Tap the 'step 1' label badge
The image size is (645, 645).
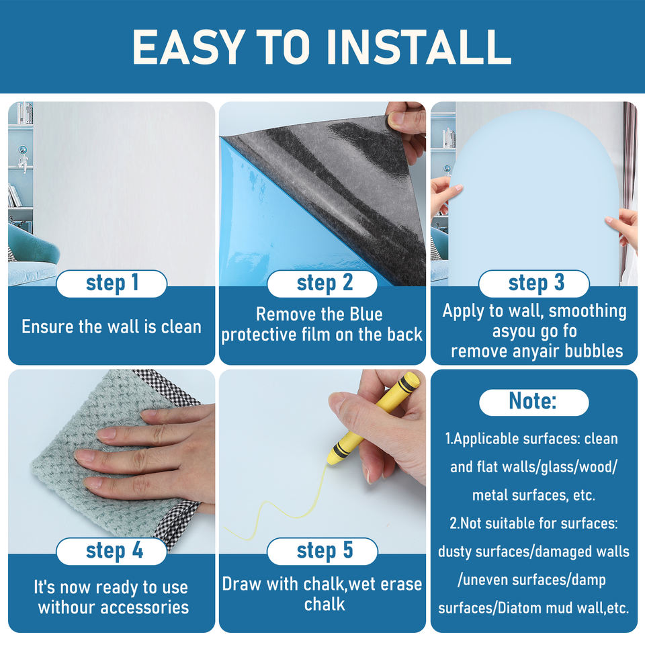pyautogui.click(x=112, y=284)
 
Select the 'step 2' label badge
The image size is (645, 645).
pyautogui.click(x=322, y=284)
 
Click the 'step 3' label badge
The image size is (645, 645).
pyautogui.click(x=534, y=284)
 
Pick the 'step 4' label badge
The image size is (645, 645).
pyautogui.click(x=112, y=551)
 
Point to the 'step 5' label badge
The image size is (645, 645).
pyautogui.click(x=322, y=551)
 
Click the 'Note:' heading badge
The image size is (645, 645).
pyautogui.click(x=534, y=402)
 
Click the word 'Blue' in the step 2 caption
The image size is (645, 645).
pyautogui.click(x=366, y=314)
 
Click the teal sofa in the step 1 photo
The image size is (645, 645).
pyautogui.click(x=33, y=246)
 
